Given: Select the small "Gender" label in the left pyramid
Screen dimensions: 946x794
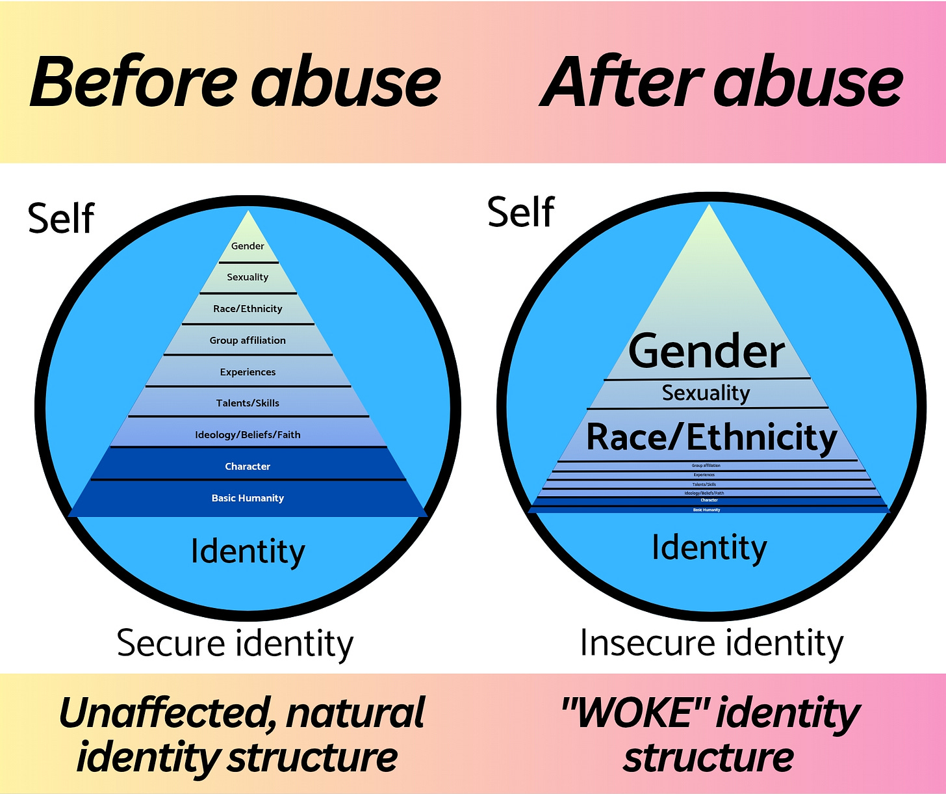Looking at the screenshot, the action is [x=248, y=246].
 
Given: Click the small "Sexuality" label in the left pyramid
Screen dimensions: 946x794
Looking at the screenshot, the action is [x=248, y=277].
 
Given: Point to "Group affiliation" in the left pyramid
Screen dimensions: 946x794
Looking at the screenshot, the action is [x=248, y=340].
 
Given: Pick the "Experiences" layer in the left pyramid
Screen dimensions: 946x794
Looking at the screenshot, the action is [x=248, y=372].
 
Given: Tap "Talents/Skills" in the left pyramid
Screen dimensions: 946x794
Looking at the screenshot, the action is [x=248, y=403].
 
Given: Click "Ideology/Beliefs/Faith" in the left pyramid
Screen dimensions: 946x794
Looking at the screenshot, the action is [x=248, y=434].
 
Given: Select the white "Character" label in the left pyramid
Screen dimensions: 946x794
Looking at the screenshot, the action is [x=248, y=466].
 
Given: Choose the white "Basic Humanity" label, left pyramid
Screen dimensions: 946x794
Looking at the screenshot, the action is [x=248, y=498].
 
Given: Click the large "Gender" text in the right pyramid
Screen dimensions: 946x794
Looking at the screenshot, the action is [x=707, y=352].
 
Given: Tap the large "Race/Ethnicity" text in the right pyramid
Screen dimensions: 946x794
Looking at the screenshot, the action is [x=711, y=437].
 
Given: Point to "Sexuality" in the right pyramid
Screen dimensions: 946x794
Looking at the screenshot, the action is [x=706, y=393].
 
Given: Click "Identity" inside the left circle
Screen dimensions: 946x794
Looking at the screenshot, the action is [x=248, y=551].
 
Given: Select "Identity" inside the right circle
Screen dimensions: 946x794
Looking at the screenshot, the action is [x=709, y=548].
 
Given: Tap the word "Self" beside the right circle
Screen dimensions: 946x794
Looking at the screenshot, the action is [x=520, y=212].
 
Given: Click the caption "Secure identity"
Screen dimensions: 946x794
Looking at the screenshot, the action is [x=235, y=643].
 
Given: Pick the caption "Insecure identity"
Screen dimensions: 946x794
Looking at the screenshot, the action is [x=711, y=643].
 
